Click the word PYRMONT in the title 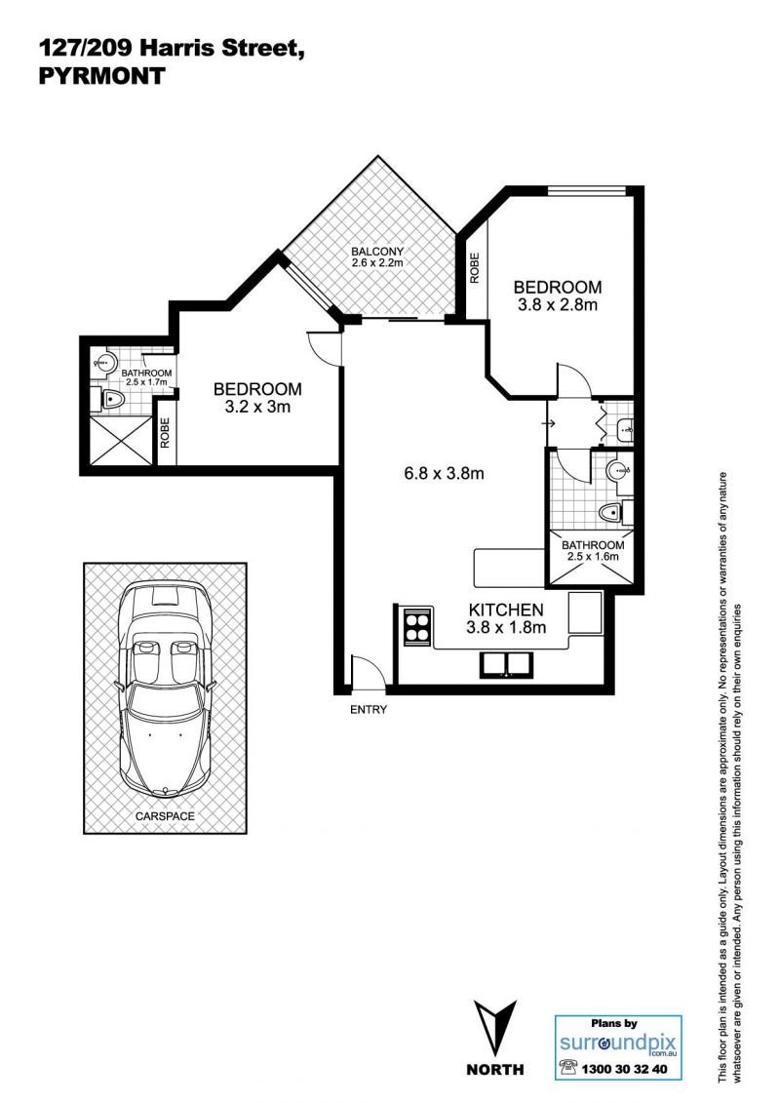(x=101, y=75)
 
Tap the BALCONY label (x=377, y=252)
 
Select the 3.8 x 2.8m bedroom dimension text (x=557, y=305)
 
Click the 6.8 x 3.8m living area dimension (x=444, y=473)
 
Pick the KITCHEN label (x=506, y=611)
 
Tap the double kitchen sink (x=506, y=664)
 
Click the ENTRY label (x=369, y=710)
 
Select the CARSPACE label (x=166, y=816)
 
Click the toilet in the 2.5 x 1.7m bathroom (x=110, y=400)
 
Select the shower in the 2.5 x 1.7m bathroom (x=121, y=439)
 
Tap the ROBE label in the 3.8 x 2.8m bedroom (x=475, y=268)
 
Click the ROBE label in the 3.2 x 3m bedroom (x=166, y=433)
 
